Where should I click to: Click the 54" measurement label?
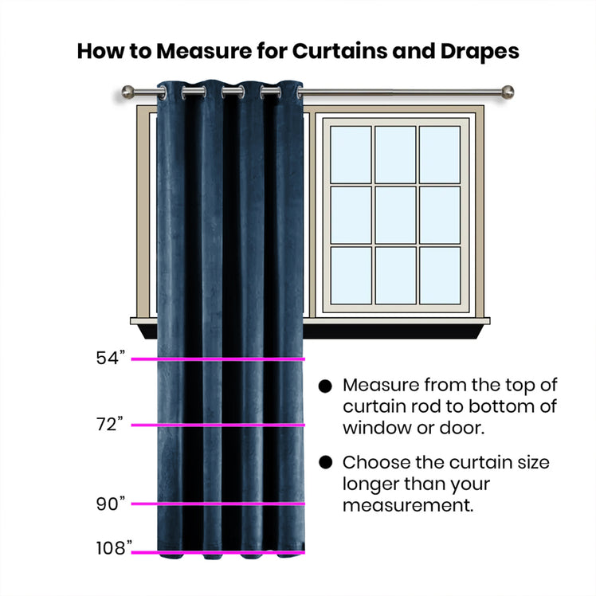[111, 358]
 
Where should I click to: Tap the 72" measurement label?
[110, 424]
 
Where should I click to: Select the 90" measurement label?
[111, 504]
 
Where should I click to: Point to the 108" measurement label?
[114, 548]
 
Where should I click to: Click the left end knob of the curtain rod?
[128, 92]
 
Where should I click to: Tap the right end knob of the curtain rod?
[508, 92]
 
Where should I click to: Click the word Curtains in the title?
[339, 51]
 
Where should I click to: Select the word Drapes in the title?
[480, 52]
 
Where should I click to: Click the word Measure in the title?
[204, 51]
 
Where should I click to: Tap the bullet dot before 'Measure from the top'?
[325, 386]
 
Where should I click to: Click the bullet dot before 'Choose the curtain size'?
[325, 463]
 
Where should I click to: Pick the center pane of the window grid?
[395, 215]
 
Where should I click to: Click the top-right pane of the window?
[440, 155]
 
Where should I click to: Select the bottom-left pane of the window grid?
[351, 276]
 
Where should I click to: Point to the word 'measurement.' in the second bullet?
[408, 505]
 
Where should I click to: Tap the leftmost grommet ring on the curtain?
[163, 92]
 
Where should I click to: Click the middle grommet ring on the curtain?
[233, 92]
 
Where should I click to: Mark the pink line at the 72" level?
[218, 425]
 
